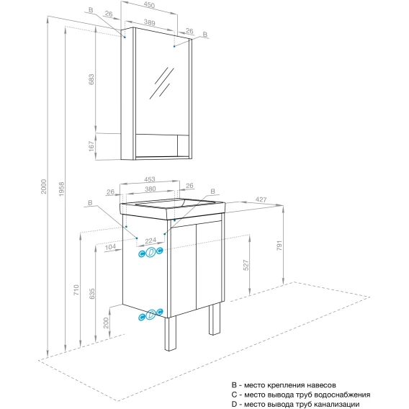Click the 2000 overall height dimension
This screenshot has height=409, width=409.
pyautogui.click(x=43, y=186)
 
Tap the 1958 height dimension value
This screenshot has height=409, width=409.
pyautogui.click(x=61, y=189)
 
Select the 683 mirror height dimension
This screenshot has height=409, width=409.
pyautogui.click(x=91, y=79)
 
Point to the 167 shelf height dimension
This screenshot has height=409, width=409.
pyautogui.click(x=91, y=146)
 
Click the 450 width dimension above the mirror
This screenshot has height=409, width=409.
pyautogui.click(x=149, y=5)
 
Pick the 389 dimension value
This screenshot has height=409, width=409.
pyautogui.click(x=150, y=22)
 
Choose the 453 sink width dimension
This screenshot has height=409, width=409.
pyautogui.click(x=150, y=179)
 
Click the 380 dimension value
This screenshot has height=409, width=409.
pyautogui.click(x=150, y=189)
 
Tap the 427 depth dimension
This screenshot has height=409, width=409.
pyautogui.click(x=261, y=199)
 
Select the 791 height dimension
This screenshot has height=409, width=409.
pyautogui.click(x=279, y=246)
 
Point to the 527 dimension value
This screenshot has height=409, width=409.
pyautogui.click(x=246, y=265)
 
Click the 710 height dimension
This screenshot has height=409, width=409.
pyautogui.click(x=76, y=289)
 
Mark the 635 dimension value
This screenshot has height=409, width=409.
pyautogui.click(x=92, y=294)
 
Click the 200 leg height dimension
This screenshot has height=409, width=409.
pyautogui.click(x=106, y=323)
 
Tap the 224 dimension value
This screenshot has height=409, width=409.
pyautogui.click(x=150, y=241)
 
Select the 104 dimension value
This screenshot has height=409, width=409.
pyautogui.click(x=110, y=247)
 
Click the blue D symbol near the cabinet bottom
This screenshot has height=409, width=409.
pyautogui.click(x=150, y=315)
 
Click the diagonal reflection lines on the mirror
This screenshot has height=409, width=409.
pyautogui.click(x=162, y=84)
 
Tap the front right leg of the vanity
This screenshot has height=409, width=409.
pyautogui.click(x=215, y=319)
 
